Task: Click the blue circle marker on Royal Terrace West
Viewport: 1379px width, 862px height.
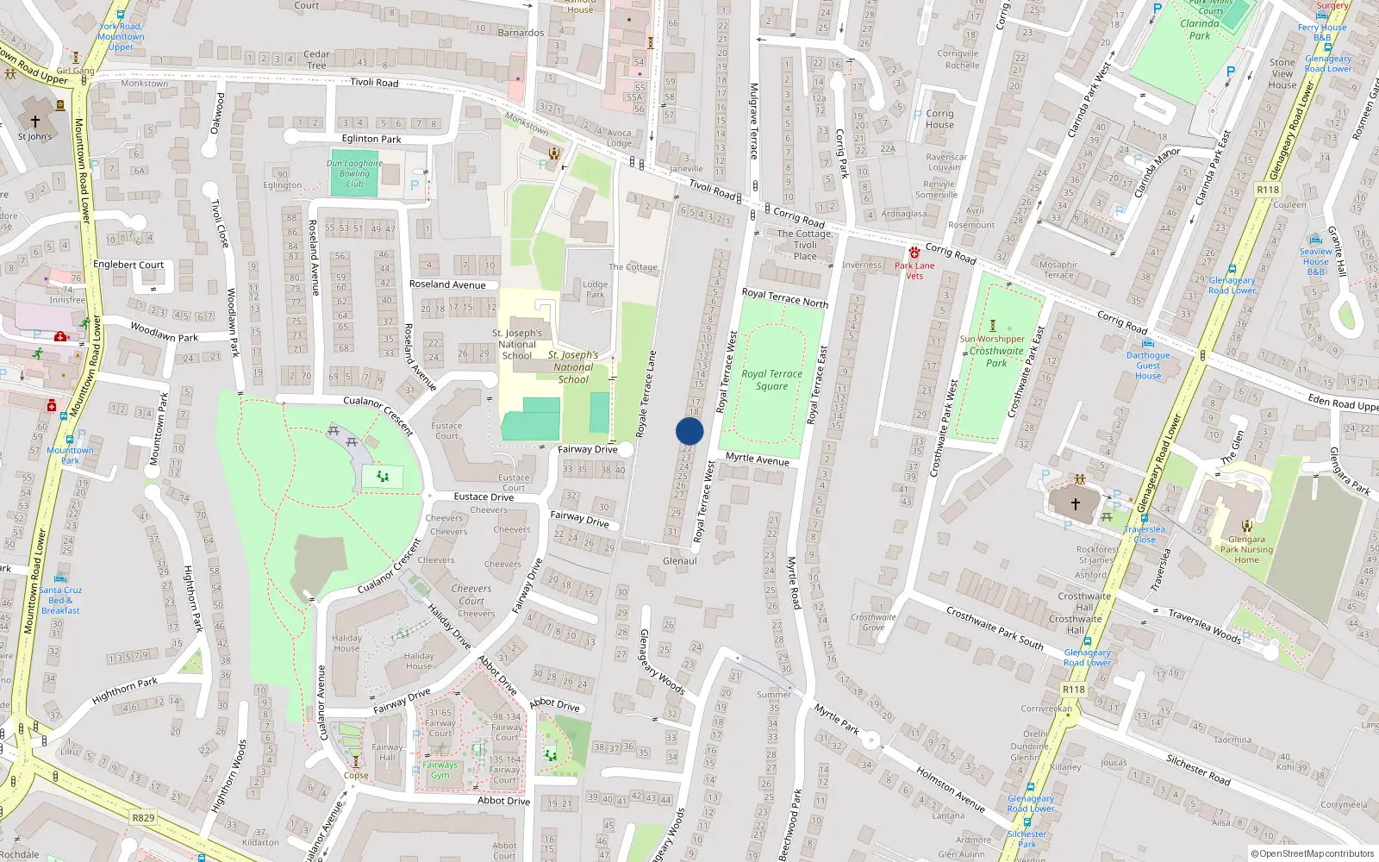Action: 689,431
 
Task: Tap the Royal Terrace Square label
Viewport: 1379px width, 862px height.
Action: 771,380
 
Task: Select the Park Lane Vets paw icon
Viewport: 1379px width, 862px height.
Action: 914,253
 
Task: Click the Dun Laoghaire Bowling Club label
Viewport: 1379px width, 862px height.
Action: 354,173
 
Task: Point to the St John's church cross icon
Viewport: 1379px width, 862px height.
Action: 35,122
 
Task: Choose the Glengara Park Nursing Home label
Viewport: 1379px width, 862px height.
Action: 1246,549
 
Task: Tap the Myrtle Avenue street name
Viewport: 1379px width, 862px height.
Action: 758,459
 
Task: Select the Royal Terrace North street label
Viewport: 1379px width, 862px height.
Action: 784,298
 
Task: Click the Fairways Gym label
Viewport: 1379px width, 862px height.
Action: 440,770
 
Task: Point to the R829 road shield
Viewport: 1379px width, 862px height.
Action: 143,818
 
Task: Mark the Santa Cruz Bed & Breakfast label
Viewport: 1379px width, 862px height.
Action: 60,600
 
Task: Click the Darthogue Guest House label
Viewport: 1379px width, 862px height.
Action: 1148,365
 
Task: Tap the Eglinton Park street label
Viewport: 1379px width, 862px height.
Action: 371,139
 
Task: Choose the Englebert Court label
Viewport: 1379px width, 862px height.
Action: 128,265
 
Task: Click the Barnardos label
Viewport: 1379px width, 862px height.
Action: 521,33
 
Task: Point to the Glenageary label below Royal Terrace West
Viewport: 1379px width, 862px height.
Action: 680,561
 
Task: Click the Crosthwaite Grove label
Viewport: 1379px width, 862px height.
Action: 873,622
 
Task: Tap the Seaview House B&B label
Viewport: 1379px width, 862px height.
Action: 1315,261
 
